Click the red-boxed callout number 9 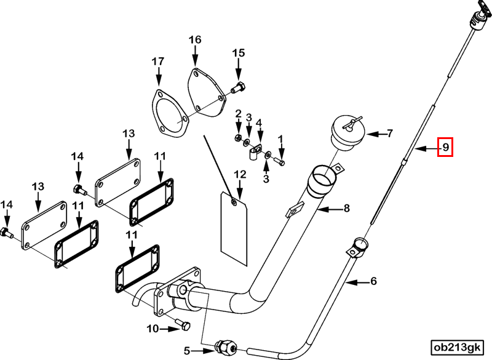coord(445,147)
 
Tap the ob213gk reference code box coord(456,348)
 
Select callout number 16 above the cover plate coord(195,40)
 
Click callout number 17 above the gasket coord(158,61)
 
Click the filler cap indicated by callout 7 coord(348,132)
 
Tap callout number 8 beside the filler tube coord(346,208)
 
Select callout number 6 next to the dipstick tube coord(373,281)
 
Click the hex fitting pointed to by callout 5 coord(226,347)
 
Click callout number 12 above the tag coord(240,175)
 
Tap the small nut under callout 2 coord(238,137)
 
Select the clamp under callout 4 coord(256,151)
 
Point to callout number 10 coord(153,329)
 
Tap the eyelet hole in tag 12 coord(234,202)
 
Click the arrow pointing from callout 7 coord(376,134)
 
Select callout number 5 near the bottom coord(187,350)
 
